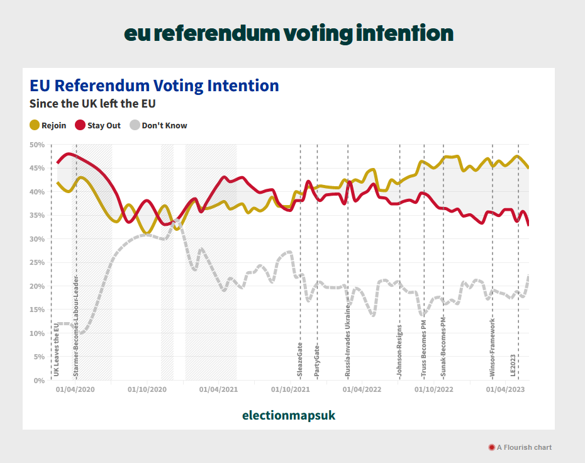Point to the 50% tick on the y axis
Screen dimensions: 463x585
(x=37, y=145)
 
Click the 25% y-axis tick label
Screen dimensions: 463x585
(x=37, y=262)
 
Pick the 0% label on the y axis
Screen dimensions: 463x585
(x=39, y=381)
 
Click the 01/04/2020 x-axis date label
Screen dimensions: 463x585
(x=75, y=389)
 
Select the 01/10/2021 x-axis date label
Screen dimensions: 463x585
(x=291, y=389)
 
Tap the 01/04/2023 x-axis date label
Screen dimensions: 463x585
(x=506, y=389)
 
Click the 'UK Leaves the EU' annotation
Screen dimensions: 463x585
(x=56, y=350)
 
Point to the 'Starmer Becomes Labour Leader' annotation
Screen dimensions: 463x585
(x=75, y=326)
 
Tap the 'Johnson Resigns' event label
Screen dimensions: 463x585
(x=399, y=351)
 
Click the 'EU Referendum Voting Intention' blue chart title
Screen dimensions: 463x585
(x=154, y=86)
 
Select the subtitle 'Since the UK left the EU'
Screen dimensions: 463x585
(x=92, y=103)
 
